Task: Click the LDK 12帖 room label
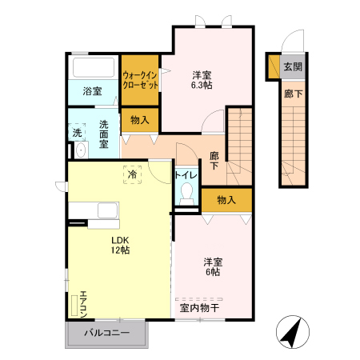click(121, 245)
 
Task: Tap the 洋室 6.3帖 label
click(202, 80)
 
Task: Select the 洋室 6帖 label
click(213, 267)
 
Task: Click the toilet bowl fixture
click(186, 194)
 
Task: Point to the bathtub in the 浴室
click(94, 68)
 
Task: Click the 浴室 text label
click(92, 91)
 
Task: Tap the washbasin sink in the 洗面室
click(81, 150)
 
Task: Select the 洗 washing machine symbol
click(77, 132)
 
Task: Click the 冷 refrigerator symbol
click(132, 174)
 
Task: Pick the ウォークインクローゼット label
click(140, 80)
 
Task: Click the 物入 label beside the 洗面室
click(140, 120)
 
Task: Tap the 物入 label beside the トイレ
click(226, 200)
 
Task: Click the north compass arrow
click(293, 332)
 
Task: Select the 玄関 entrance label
click(293, 66)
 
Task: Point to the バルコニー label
click(107, 333)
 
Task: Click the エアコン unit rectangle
click(74, 306)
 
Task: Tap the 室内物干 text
click(199, 308)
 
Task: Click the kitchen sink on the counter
click(108, 210)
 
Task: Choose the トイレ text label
click(186, 175)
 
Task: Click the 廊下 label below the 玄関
click(293, 94)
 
